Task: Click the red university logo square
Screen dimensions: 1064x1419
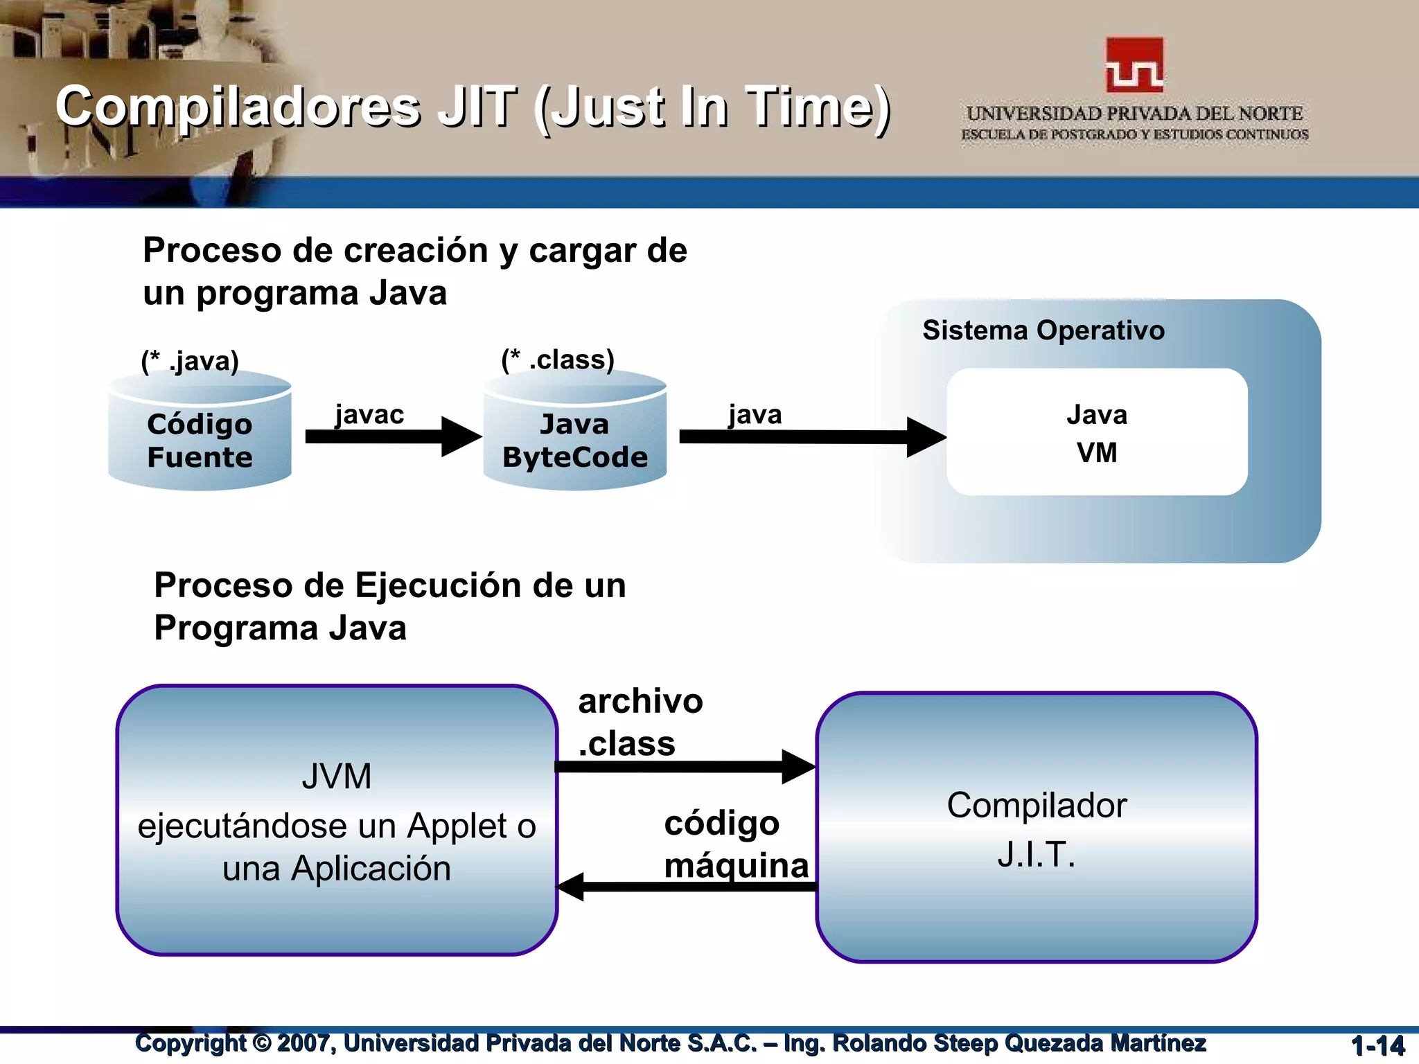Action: pyautogui.click(x=1134, y=64)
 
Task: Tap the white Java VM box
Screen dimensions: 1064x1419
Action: pyautogui.click(x=1097, y=432)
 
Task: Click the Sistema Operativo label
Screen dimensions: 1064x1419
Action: pyautogui.click(x=1043, y=330)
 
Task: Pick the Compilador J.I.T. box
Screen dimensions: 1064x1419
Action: pyautogui.click(x=1037, y=828)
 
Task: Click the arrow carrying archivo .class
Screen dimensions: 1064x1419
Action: pyautogui.click(x=682, y=766)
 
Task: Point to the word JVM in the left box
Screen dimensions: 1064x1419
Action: pyautogui.click(x=337, y=777)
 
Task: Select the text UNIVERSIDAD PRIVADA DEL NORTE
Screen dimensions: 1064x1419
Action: pyautogui.click(x=1134, y=114)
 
